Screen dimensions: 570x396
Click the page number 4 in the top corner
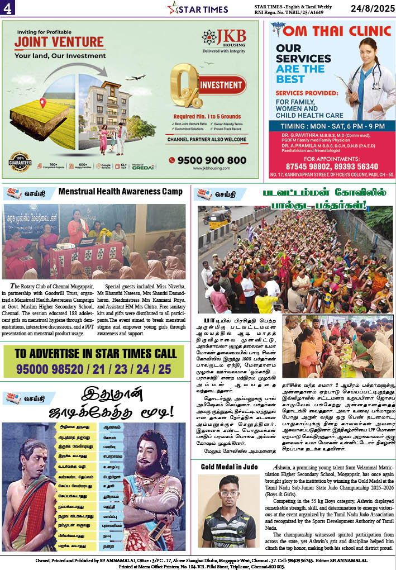click(x=8, y=8)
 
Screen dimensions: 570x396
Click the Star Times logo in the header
click(x=198, y=9)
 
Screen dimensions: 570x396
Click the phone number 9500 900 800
click(x=211, y=160)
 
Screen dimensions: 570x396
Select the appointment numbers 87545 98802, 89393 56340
click(x=332, y=166)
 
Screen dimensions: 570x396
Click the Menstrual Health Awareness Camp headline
click(x=120, y=192)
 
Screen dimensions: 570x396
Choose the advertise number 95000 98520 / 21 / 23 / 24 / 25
click(x=93, y=369)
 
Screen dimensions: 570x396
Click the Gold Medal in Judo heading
click(x=229, y=467)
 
